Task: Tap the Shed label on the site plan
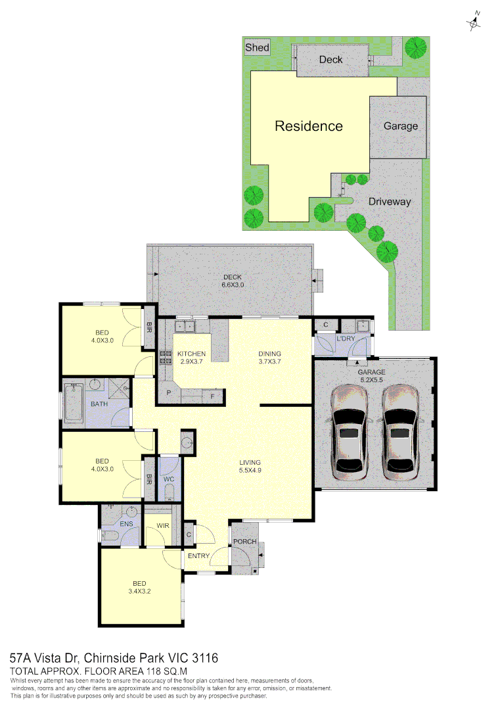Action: click(257, 47)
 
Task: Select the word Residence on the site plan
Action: click(308, 126)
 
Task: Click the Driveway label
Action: click(389, 201)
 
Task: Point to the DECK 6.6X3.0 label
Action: click(233, 281)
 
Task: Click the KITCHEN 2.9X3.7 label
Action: click(192, 358)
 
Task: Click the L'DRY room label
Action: click(345, 339)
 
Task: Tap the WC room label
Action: click(169, 480)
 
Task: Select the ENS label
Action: click(127, 524)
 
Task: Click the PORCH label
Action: click(245, 542)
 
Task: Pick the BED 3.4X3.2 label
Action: click(139, 587)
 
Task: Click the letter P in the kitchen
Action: click(169, 393)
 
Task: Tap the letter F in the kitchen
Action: click(212, 396)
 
